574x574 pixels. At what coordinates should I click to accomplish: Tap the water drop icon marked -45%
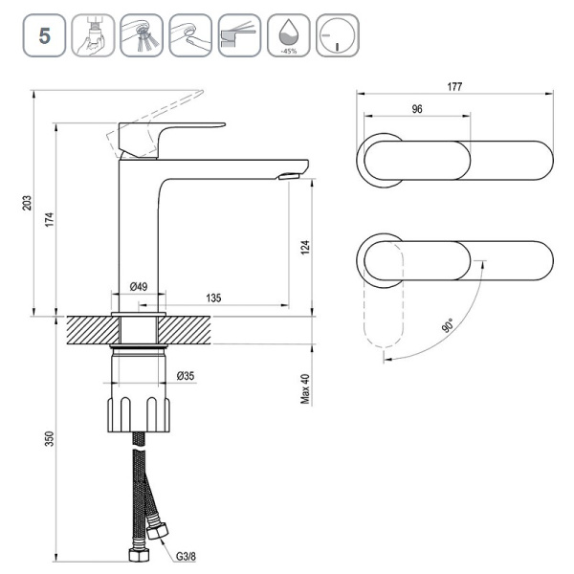point(289,35)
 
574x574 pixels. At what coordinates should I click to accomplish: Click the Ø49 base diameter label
point(139,287)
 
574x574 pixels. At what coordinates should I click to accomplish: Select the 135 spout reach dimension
point(213,298)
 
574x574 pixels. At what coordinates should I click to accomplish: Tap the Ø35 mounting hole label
point(186,376)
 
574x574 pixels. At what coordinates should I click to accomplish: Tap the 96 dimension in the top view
point(417,109)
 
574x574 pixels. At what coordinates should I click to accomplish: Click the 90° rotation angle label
point(450,325)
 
